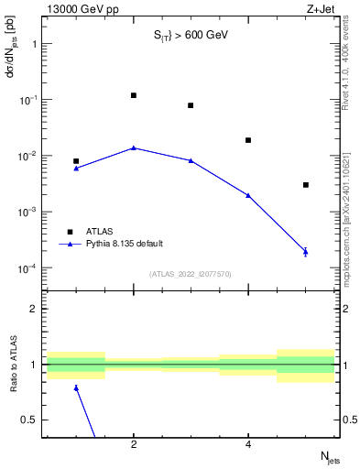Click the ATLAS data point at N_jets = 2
(134, 95)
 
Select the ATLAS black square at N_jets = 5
(306, 185)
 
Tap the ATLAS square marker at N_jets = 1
(76, 161)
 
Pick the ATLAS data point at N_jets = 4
(248, 140)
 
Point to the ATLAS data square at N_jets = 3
(191, 105)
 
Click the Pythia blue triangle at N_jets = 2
(134, 147)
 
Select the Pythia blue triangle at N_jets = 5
(306, 251)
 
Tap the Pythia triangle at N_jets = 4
(248, 195)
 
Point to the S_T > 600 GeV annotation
(191, 36)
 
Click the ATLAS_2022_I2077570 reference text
(191, 274)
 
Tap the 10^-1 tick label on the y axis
(27, 100)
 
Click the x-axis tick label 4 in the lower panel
(248, 445)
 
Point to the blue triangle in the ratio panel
(76, 387)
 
